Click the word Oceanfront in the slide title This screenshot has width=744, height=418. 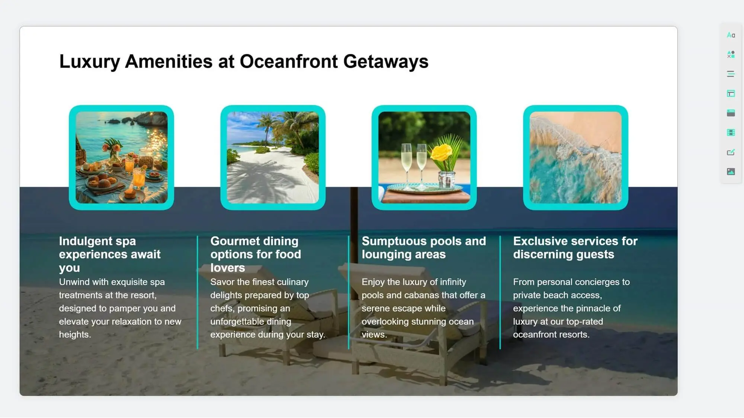tap(289, 61)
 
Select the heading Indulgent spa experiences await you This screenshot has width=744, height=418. tap(110, 254)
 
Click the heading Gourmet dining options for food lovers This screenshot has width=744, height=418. tap(256, 254)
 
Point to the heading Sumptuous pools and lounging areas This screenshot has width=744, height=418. tap(424, 248)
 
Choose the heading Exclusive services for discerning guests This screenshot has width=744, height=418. tap(575, 248)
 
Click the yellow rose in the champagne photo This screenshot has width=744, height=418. tap(442, 152)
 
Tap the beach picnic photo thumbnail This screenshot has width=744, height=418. tap(122, 158)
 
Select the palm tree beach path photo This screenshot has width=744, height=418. tap(273, 158)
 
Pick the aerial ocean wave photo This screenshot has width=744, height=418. tap(575, 158)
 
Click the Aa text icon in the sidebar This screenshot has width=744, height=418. tap(731, 35)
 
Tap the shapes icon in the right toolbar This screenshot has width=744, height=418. tap(731, 55)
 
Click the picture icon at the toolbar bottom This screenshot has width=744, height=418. tap(731, 171)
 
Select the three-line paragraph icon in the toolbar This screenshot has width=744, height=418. tap(731, 74)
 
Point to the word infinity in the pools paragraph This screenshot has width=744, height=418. tap(453, 282)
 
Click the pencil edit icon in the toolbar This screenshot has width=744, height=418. tap(731, 152)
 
